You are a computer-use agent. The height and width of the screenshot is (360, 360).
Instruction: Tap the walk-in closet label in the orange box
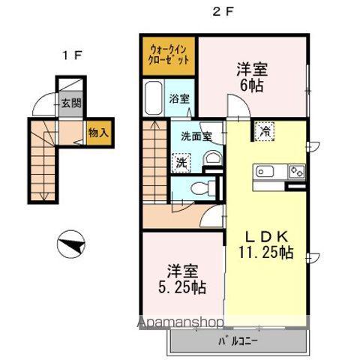[167, 54]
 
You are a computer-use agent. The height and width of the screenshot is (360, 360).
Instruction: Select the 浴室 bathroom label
[178, 98]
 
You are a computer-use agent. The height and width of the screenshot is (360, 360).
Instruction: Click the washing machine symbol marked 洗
[181, 160]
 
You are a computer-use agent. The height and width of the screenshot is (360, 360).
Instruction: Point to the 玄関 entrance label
[70, 103]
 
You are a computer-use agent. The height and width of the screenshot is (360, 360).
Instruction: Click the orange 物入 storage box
[98, 133]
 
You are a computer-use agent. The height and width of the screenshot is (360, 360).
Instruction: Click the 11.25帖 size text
[265, 252]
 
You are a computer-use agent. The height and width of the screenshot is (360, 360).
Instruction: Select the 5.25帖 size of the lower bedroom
[180, 287]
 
